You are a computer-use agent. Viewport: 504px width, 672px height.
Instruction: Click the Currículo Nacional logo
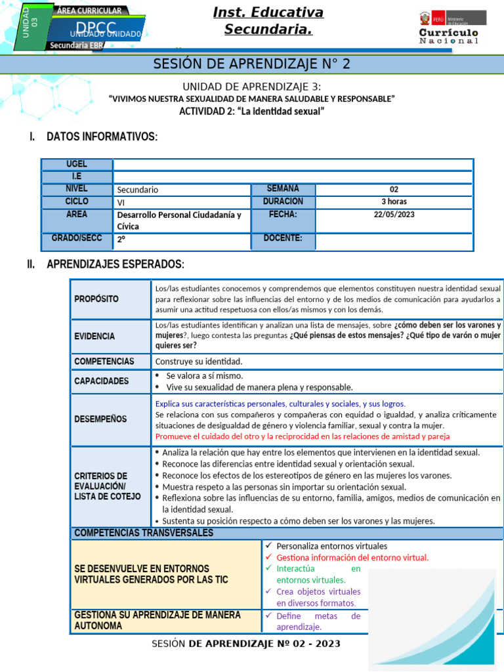click(x=449, y=28)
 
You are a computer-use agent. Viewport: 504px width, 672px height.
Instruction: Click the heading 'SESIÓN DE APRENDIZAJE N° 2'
click(x=252, y=64)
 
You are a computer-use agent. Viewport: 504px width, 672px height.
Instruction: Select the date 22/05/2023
click(x=394, y=215)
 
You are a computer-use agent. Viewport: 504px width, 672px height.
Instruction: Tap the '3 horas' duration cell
click(x=394, y=201)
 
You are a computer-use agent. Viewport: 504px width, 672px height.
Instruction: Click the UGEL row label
click(x=77, y=164)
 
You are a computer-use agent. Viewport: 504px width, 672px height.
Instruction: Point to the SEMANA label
click(x=283, y=189)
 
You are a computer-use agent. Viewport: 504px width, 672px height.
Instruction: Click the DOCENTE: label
click(x=283, y=238)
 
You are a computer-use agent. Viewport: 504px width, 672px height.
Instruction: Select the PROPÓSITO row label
click(x=96, y=299)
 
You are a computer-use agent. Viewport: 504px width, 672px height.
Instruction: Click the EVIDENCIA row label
click(x=94, y=336)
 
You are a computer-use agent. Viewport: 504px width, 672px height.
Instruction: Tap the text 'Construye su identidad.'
click(x=199, y=362)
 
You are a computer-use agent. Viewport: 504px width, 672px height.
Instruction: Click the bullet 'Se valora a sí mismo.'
click(x=204, y=376)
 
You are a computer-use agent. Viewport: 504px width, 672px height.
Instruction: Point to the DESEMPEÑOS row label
click(x=101, y=419)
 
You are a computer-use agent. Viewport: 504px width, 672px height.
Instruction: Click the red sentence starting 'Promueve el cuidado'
click(x=303, y=436)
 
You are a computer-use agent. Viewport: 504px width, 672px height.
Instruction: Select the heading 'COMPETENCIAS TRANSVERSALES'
click(x=144, y=533)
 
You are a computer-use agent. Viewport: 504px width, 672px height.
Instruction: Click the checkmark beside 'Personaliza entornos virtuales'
click(x=268, y=546)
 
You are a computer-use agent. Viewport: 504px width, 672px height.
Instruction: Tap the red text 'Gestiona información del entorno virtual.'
click(x=352, y=558)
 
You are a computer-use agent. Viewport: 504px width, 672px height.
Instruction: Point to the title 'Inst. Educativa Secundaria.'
click(x=268, y=21)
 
